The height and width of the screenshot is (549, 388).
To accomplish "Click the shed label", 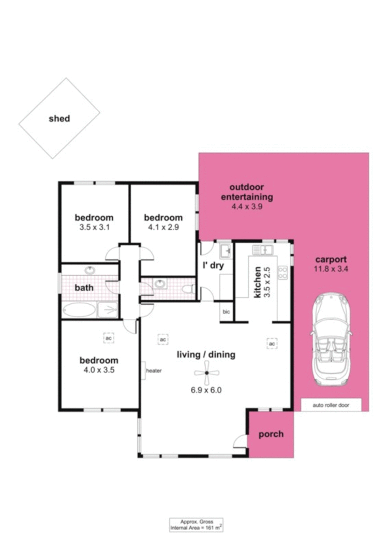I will click(59, 118).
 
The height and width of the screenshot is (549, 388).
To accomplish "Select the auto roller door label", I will click(331, 405).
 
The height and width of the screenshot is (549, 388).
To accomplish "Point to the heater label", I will click(154, 371).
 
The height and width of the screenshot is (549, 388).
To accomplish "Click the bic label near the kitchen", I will click(226, 311).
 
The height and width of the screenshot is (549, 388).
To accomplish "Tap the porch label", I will click(271, 434).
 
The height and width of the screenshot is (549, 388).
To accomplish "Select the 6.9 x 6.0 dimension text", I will click(206, 390).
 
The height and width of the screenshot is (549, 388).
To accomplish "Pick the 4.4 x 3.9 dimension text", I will click(247, 206).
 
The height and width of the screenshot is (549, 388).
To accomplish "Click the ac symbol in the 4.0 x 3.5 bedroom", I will click(109, 338).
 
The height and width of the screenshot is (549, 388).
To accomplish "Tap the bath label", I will click(84, 287).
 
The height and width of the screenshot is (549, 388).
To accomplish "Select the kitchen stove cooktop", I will click(282, 272).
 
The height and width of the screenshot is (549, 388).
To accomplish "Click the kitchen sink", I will click(262, 250).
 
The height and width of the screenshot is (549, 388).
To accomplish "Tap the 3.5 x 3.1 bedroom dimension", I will click(94, 227).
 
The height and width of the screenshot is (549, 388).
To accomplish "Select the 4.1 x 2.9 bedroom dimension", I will click(163, 227).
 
